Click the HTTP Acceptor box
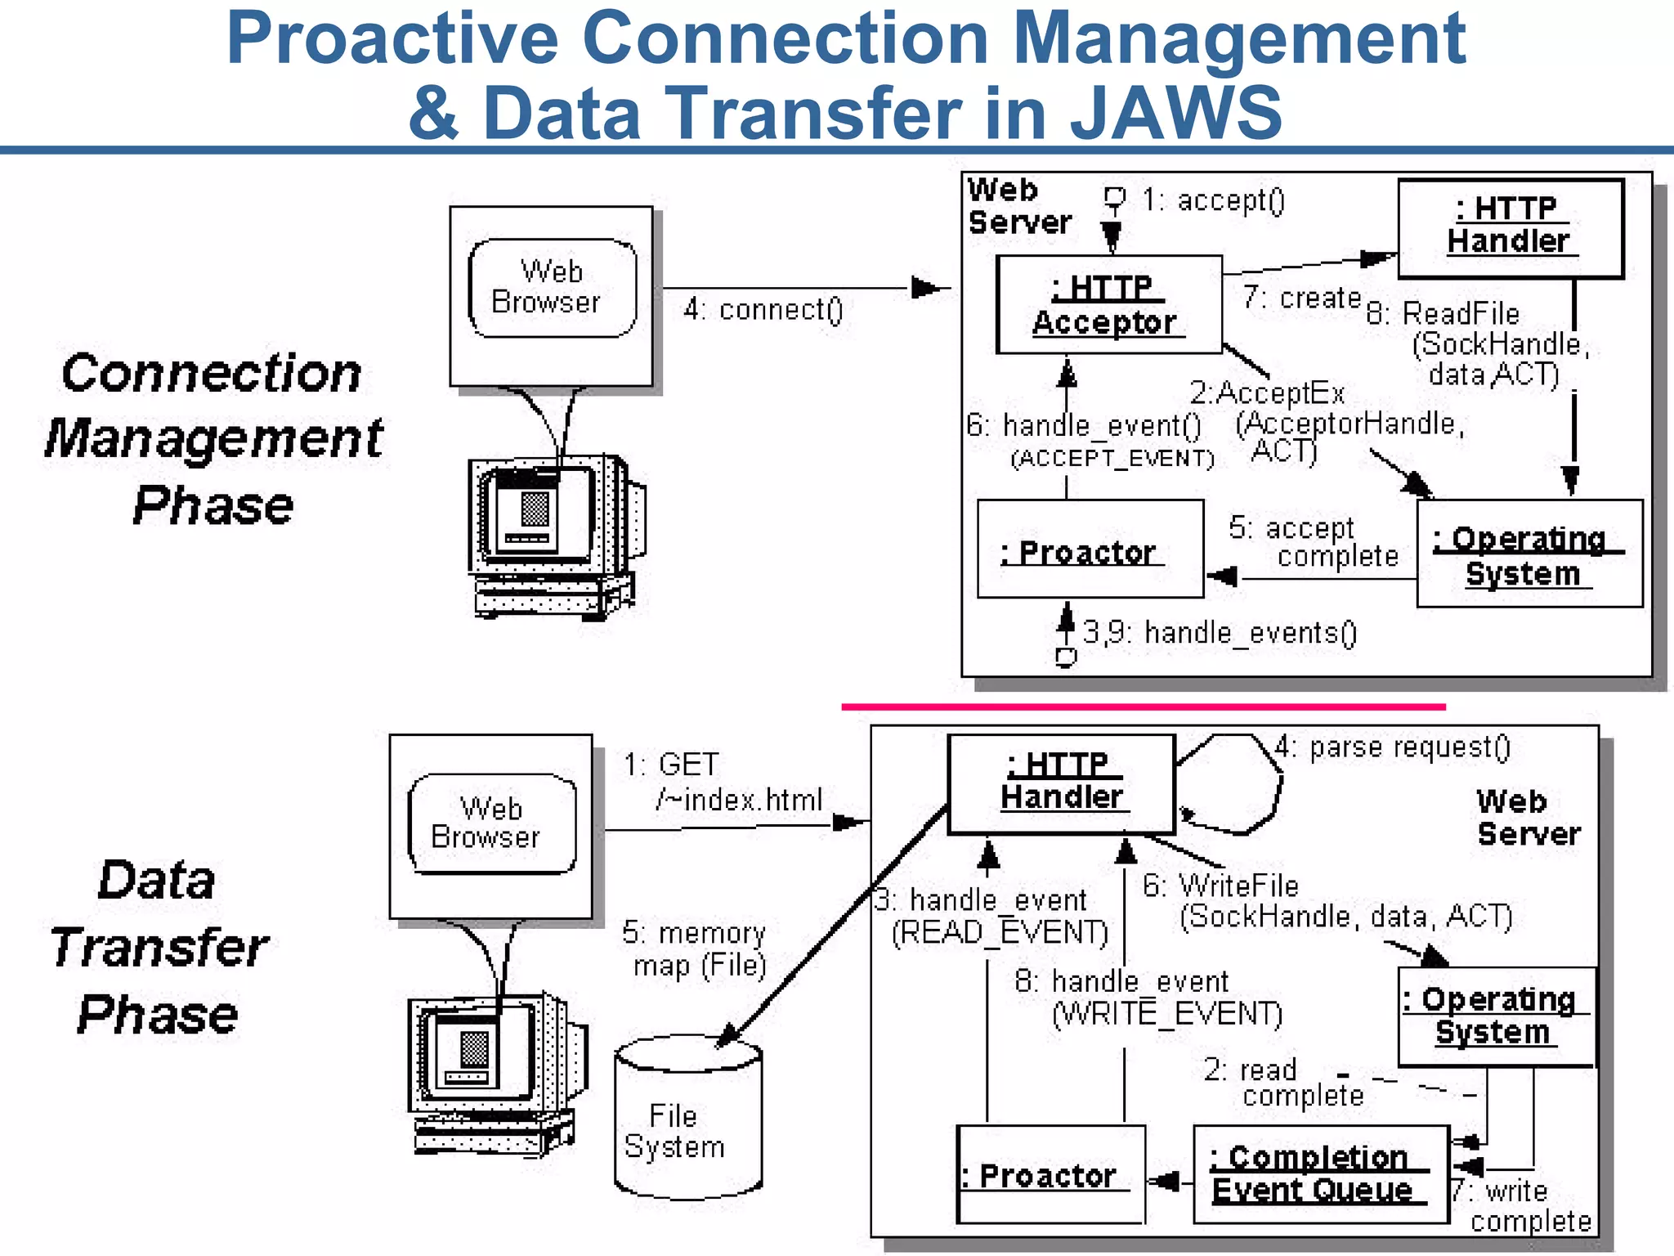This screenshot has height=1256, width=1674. pyautogui.click(x=1108, y=305)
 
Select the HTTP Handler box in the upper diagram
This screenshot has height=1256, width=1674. pyautogui.click(x=1510, y=228)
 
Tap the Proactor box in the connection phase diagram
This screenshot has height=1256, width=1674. pyautogui.click(x=1090, y=549)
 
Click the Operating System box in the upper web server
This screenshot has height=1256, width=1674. pyautogui.click(x=1529, y=554)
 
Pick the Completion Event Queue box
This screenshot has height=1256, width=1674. pyautogui.click(x=1319, y=1173)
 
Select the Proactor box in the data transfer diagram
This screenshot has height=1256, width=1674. pyautogui.click(x=1050, y=1175)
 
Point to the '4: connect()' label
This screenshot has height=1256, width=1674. pyautogui.click(x=763, y=309)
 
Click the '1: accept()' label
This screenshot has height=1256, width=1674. pyautogui.click(x=1213, y=200)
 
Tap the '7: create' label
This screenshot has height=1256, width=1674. pyautogui.click(x=1300, y=298)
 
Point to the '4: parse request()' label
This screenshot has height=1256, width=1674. pyautogui.click(x=1392, y=747)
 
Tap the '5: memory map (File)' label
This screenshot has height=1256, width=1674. pyautogui.click(x=696, y=949)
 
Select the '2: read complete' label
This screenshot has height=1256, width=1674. pyautogui.click(x=1282, y=1082)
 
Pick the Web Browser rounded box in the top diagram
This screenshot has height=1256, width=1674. pyautogui.click(x=552, y=287)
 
